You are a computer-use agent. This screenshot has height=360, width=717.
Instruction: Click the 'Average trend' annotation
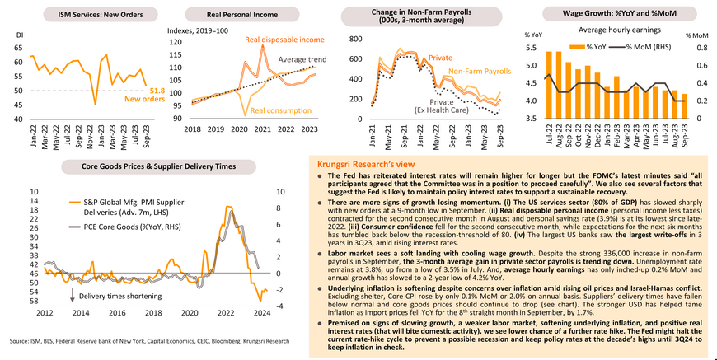pyautogui.click(x=302, y=60)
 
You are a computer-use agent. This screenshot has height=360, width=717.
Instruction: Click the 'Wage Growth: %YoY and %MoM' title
pyautogui.click(x=607, y=15)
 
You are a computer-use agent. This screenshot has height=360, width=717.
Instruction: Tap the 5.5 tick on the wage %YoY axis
pyautogui.click(x=532, y=49)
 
